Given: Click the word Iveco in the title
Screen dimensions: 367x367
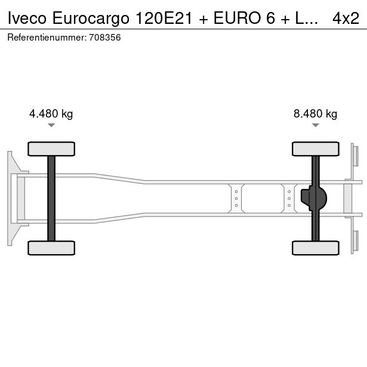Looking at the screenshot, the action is coord(27,18).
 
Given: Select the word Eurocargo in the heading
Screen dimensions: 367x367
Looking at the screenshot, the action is coord(91,18).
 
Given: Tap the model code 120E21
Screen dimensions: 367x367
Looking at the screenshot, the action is coord(164,18).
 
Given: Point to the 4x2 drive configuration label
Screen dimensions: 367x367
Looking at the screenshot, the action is coord(346,18).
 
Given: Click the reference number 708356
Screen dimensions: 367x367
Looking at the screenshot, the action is coord(105,38).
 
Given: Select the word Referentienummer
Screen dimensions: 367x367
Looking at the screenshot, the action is coord(47,38).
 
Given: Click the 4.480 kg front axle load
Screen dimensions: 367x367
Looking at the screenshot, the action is coord(51,114).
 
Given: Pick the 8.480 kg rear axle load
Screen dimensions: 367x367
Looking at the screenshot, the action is coord(315,114).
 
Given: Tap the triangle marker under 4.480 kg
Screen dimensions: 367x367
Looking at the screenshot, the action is coord(51,125).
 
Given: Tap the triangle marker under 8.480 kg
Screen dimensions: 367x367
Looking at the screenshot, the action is coord(316,125).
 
